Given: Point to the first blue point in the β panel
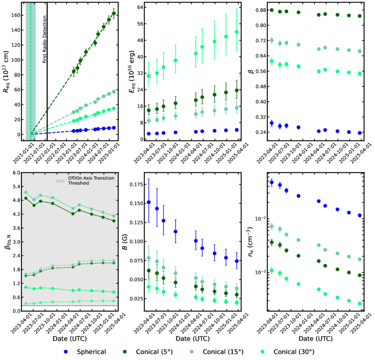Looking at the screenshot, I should (x=272, y=123).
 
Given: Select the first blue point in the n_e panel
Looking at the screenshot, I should (x=272, y=182).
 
